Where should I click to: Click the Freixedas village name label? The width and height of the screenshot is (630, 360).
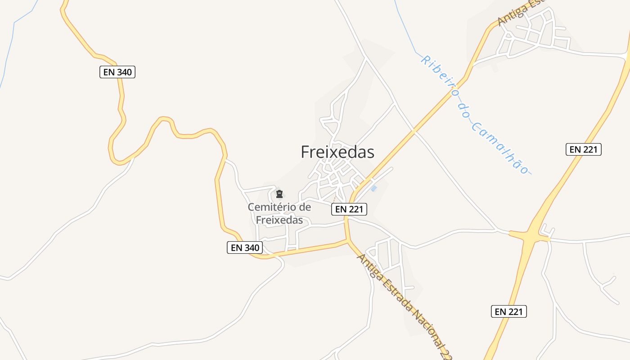[x=337, y=152]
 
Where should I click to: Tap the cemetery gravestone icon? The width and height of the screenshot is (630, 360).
[x=279, y=194]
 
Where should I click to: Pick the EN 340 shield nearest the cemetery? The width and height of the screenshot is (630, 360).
[x=245, y=247]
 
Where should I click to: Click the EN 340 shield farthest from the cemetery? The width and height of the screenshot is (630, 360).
[x=117, y=72]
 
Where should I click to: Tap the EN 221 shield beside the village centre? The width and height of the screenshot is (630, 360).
[x=350, y=209]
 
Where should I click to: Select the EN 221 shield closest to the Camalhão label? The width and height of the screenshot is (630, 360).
[x=583, y=149]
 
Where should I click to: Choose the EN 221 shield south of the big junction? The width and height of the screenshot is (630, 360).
[x=508, y=311]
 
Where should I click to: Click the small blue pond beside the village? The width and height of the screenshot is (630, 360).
[x=373, y=188]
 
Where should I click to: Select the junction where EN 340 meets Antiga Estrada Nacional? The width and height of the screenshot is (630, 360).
[x=348, y=242]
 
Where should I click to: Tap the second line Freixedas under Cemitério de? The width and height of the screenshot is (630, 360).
[x=279, y=220]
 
